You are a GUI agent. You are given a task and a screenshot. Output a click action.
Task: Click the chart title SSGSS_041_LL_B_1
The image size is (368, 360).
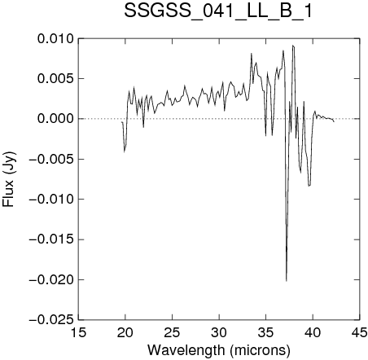218,11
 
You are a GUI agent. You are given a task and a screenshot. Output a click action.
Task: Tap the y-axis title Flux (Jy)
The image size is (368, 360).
9,179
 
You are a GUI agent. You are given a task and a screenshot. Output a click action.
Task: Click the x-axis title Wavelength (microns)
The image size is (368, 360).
219,349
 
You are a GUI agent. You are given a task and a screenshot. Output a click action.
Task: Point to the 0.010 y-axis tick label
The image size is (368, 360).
55,39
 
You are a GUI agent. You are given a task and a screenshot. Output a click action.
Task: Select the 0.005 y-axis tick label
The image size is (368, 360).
55,79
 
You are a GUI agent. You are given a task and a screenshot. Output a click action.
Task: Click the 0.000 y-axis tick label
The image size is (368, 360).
55,119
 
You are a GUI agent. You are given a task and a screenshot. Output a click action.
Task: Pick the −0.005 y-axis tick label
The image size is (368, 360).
51,159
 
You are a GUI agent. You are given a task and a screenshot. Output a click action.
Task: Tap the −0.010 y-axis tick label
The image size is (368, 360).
51,200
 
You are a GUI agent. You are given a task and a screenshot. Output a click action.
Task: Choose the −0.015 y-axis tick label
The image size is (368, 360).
51,239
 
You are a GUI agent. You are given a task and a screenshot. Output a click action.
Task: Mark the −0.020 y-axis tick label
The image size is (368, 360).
51,279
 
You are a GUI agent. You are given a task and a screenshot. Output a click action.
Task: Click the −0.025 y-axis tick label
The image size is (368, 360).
51,320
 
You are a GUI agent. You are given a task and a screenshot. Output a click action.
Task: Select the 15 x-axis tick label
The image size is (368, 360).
78,332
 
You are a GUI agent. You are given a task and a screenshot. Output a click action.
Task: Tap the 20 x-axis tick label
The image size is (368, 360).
125,332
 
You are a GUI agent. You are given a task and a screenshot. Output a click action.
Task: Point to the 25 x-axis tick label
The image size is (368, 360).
172,332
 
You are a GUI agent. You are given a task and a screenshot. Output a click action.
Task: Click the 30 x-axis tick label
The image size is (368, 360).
219,332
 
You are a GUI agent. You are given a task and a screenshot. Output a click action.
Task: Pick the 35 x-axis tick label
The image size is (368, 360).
266,332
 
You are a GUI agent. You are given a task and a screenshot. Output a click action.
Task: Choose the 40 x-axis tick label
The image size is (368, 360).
313,332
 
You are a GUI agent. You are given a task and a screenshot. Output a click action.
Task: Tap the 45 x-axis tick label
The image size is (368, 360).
359,332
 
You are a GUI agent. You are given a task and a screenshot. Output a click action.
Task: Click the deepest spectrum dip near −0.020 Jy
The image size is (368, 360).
287,281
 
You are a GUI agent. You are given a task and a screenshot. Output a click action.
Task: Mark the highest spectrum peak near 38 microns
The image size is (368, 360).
293,46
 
